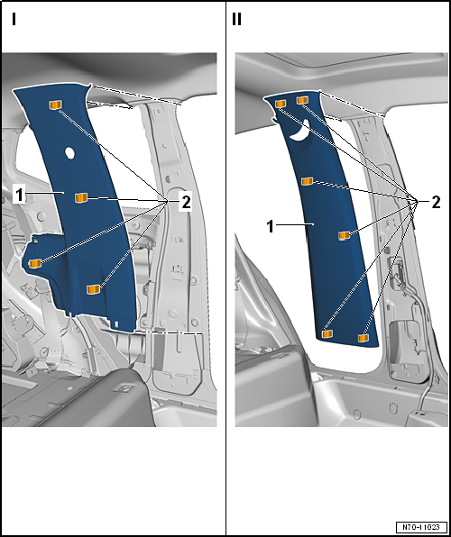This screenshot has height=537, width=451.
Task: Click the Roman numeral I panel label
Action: [x=14, y=19]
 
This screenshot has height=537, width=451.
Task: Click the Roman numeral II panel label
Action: [x=236, y=19]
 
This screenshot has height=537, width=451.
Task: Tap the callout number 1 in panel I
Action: [x=19, y=195]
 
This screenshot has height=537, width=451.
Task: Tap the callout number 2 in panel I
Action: [x=186, y=203]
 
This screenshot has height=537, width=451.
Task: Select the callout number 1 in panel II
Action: [x=271, y=227]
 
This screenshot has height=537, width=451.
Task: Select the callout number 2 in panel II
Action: [x=436, y=203]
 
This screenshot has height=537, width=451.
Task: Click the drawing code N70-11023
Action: [x=421, y=526]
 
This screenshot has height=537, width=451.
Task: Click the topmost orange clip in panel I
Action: [x=56, y=105]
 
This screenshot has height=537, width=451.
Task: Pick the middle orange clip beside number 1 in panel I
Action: [x=81, y=197]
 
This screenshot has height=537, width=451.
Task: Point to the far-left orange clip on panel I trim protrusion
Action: [x=35, y=263]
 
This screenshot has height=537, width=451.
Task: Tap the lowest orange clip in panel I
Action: [x=93, y=289]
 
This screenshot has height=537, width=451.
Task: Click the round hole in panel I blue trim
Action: [x=69, y=153]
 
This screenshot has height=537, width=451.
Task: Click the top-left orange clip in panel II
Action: [x=281, y=104]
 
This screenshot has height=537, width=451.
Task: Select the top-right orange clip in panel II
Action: [x=302, y=100]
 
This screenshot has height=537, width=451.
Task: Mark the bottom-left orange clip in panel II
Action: [x=327, y=333]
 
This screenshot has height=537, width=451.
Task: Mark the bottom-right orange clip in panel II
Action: [x=364, y=338]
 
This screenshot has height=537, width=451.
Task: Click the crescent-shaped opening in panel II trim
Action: [x=300, y=132]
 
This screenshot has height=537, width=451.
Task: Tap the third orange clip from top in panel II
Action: [x=307, y=181]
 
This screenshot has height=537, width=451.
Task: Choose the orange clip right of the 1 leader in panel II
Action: [x=344, y=235]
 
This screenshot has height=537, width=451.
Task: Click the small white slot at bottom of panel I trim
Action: [x=116, y=323]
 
